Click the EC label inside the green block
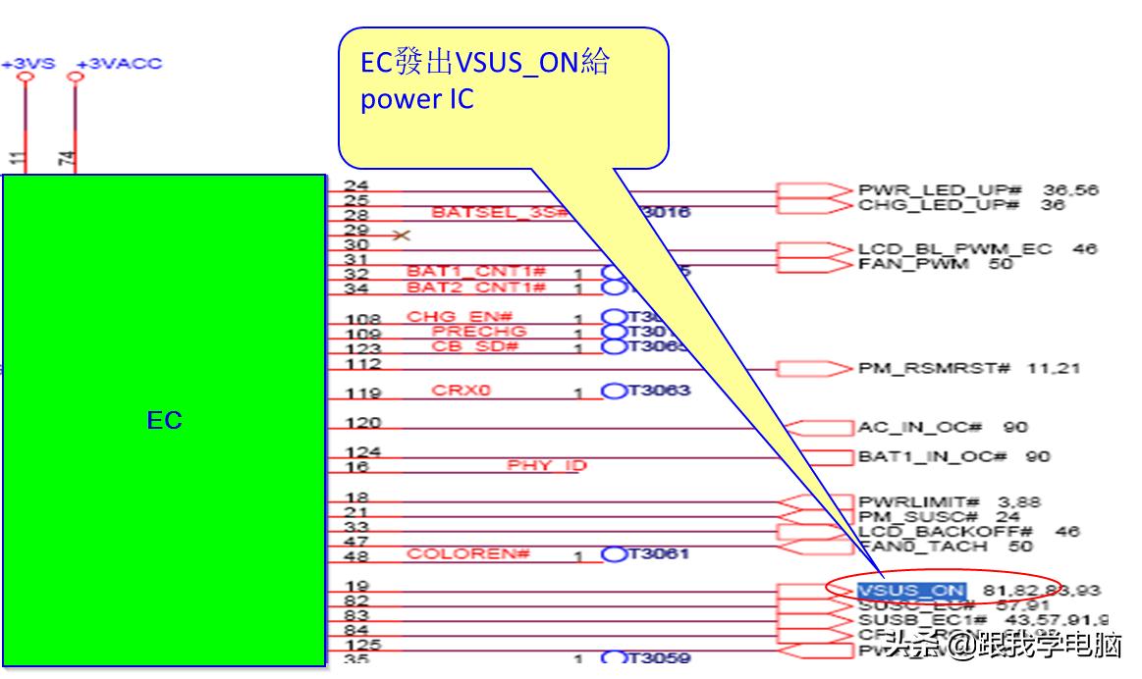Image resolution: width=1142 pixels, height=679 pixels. [x=164, y=421]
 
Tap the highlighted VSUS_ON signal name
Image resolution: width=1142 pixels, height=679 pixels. [x=911, y=591]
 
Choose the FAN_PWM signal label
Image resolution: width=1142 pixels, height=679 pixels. [x=913, y=264]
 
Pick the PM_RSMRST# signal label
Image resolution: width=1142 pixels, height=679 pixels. [x=934, y=369]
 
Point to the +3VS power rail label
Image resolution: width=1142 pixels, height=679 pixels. [x=27, y=64]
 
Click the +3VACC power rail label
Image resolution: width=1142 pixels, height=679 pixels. [x=119, y=64]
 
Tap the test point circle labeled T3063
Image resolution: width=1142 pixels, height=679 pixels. [x=615, y=391]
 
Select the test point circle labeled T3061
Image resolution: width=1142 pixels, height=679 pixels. [x=615, y=554]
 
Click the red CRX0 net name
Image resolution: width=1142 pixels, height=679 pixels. [x=461, y=391]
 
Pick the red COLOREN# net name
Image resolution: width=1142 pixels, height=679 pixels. [x=468, y=554]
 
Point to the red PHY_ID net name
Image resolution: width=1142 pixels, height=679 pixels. [x=546, y=465]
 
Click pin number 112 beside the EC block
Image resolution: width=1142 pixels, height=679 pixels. [x=363, y=364]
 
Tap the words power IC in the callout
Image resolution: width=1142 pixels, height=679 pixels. [x=416, y=100]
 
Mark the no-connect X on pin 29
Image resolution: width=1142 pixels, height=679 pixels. [x=401, y=235]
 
